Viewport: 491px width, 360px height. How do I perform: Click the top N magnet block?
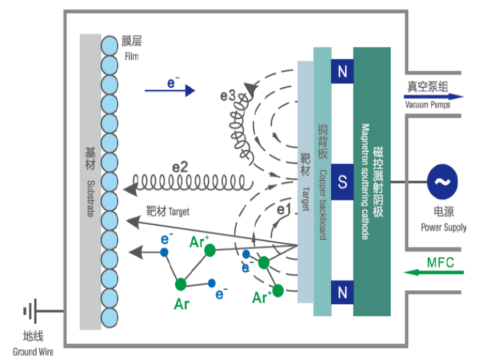(x=342, y=71)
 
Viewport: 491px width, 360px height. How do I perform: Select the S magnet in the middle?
(x=342, y=182)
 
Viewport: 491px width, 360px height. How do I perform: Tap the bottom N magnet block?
(x=342, y=292)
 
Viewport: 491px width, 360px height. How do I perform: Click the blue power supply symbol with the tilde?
(x=442, y=182)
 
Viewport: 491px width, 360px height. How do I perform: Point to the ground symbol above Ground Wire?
(x=30, y=311)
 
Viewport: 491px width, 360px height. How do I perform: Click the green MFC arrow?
(x=434, y=272)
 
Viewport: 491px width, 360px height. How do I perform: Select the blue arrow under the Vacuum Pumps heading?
(x=434, y=97)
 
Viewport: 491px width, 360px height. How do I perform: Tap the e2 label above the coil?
(x=180, y=167)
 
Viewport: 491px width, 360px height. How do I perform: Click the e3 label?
(x=227, y=96)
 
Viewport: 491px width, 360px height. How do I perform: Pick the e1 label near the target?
(x=284, y=209)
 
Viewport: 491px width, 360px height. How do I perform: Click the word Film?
(x=131, y=57)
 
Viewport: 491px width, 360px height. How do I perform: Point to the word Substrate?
(x=90, y=198)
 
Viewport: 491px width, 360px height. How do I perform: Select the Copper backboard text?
(x=323, y=205)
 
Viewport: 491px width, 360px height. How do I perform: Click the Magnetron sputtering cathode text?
(x=365, y=182)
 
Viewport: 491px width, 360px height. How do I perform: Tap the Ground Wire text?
(x=33, y=352)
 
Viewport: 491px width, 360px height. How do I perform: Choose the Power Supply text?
(x=443, y=227)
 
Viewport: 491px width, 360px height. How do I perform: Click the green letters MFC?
(x=440, y=262)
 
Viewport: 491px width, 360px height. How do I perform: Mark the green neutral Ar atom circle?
(x=181, y=284)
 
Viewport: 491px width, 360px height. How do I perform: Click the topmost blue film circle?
(x=110, y=45)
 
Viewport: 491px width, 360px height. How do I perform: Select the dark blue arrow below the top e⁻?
(x=170, y=90)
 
